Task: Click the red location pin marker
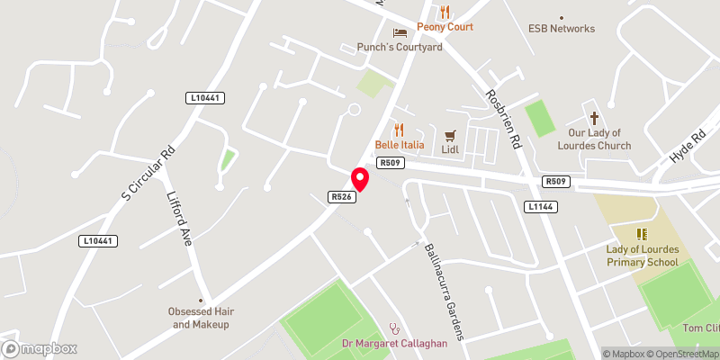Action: (x=359, y=178)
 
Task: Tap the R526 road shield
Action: (x=340, y=196)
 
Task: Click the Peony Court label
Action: (x=445, y=27)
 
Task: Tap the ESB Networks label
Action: (x=561, y=28)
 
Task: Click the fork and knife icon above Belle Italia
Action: (x=398, y=130)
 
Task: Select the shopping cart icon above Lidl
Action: (x=450, y=134)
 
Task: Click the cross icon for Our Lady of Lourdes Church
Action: (x=594, y=117)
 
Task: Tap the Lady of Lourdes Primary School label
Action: (x=642, y=256)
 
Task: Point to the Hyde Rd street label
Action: (x=688, y=144)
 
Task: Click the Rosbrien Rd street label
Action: (x=503, y=120)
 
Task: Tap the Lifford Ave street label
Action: (x=180, y=218)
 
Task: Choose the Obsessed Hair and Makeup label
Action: (x=202, y=318)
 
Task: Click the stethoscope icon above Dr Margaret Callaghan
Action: (x=392, y=328)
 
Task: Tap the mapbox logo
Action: (x=40, y=348)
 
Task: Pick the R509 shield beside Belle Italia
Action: (x=391, y=163)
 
